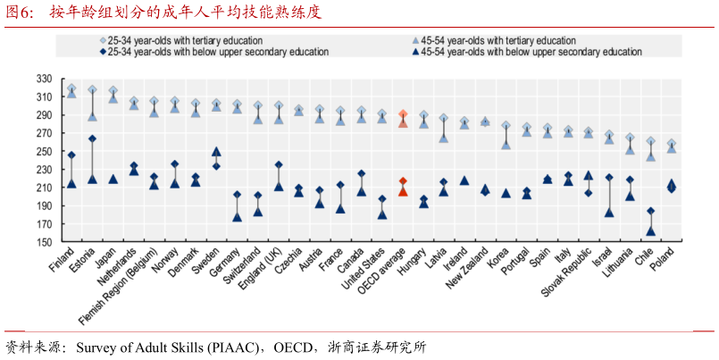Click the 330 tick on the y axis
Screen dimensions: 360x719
tap(46, 79)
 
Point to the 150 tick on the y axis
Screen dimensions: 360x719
tap(46, 242)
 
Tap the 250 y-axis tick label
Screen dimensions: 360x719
tap(46, 151)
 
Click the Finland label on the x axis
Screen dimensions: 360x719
tap(63, 260)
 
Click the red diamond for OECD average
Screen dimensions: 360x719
tap(403, 181)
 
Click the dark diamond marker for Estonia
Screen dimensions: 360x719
tap(92, 138)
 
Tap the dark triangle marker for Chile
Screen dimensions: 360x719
tap(651, 230)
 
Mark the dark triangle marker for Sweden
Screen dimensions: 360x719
tap(216, 152)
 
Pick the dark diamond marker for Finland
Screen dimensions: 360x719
tap(71, 155)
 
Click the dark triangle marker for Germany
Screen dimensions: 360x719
tap(237, 216)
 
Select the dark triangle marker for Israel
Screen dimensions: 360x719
tap(609, 212)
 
